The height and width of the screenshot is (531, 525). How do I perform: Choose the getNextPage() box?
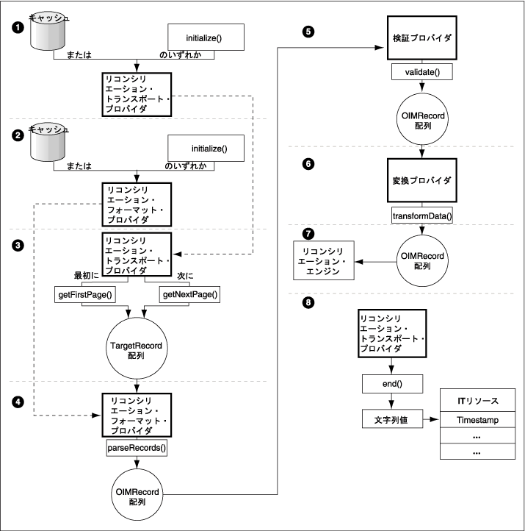(189, 295)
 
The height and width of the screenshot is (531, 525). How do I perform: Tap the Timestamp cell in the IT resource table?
(474, 419)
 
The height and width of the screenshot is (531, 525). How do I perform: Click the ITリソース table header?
(474, 401)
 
